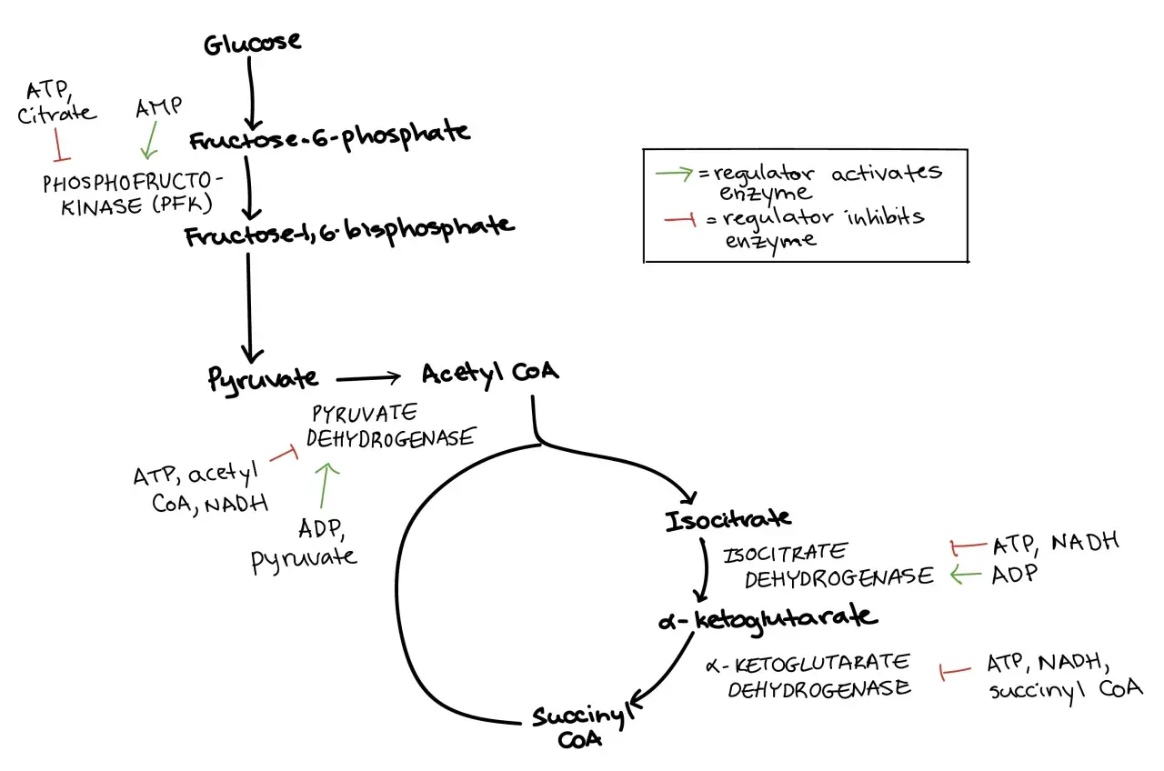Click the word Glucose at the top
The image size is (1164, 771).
coord(252,43)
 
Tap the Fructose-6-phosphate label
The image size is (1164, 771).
coord(329,136)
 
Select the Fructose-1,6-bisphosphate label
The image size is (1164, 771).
coord(350,231)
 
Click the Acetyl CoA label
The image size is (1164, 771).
coord(490,374)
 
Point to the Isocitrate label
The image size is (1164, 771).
coord(728,519)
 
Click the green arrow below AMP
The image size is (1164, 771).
coord(150,140)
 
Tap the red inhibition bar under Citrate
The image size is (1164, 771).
coord(60,145)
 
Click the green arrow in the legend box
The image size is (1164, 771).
coord(674,173)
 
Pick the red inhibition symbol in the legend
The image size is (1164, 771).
coord(680,219)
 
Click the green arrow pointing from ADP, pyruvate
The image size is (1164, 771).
coord(326,486)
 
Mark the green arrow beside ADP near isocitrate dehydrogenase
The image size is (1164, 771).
coord(966,575)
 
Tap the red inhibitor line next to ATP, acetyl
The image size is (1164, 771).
coord(285,453)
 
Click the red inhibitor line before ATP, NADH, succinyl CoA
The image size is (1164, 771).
coord(955,672)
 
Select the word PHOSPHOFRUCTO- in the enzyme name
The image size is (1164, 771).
coord(133,182)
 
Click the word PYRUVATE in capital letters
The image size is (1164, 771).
coord(365,414)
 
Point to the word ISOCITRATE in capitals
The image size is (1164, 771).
coord(785,553)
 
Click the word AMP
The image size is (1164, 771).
coord(158,107)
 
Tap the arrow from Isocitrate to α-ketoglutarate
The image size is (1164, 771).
coord(703,570)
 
